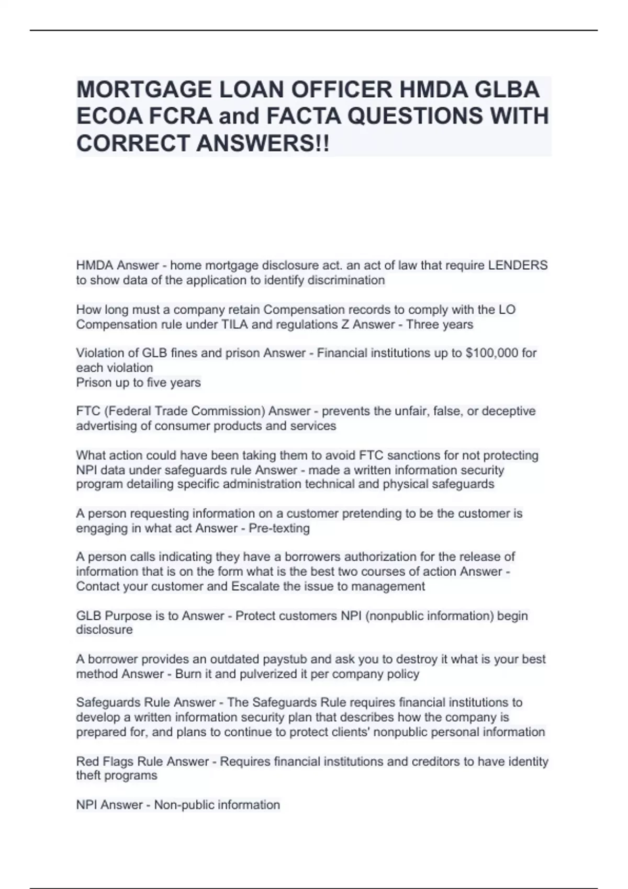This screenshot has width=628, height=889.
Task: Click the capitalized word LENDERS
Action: point(518,265)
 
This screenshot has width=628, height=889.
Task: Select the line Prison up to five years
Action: point(138,382)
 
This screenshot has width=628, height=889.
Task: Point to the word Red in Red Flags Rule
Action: point(87,761)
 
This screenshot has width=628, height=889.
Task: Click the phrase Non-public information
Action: point(217,805)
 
